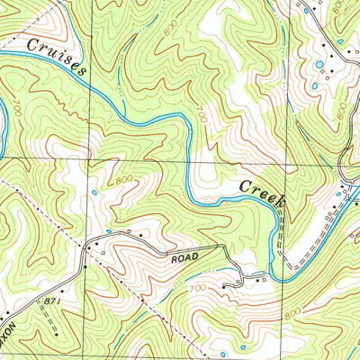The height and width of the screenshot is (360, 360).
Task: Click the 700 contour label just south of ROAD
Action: (200, 289)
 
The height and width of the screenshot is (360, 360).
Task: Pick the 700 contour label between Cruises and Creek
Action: (201, 116)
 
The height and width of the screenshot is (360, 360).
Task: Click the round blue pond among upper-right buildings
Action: (318, 65)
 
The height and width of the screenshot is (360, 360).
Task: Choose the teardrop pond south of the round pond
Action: (314, 86)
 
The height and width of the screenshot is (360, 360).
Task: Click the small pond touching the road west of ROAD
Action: (108, 231)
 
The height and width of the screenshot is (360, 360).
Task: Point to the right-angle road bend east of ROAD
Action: (222, 247)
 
